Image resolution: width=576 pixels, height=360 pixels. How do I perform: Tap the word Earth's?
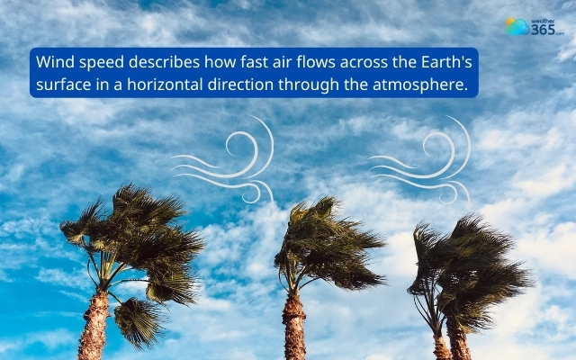pos(445,63)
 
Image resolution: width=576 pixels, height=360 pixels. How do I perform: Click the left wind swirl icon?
pos(225,162)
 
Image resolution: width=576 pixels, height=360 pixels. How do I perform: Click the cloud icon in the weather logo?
pos(517,27)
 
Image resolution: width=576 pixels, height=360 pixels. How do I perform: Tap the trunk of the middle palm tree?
pos(294,324)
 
